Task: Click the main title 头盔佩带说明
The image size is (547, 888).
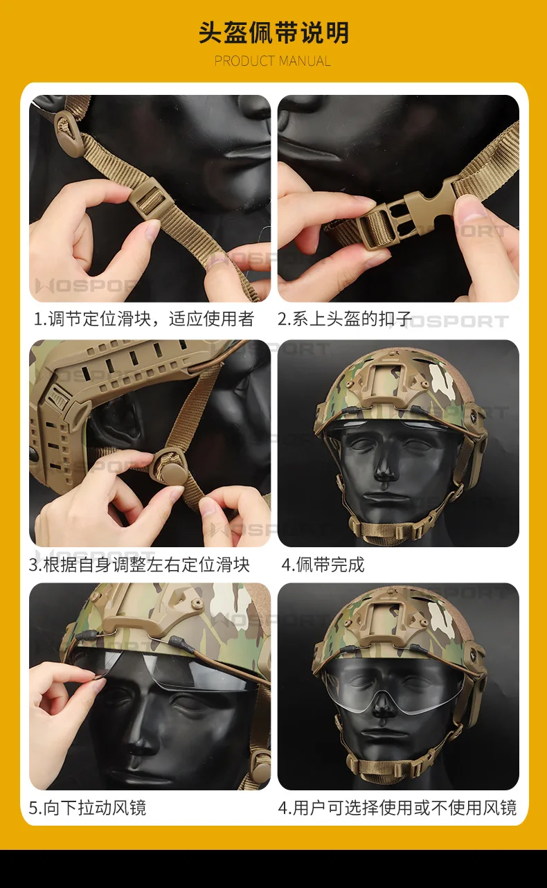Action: point(273,33)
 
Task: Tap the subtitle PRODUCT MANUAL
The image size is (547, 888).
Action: point(273,61)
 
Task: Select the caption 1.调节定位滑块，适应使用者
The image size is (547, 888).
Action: point(144,319)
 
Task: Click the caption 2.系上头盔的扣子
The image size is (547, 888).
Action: point(345,319)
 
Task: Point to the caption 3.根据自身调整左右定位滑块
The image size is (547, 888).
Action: point(139,565)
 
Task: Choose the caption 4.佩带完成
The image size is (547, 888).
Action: point(323,565)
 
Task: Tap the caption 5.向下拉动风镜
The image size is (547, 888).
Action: point(87,808)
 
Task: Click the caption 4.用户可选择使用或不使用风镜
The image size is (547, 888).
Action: point(397,808)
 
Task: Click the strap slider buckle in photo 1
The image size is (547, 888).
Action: point(150,197)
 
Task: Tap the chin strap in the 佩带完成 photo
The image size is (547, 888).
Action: point(391,530)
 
